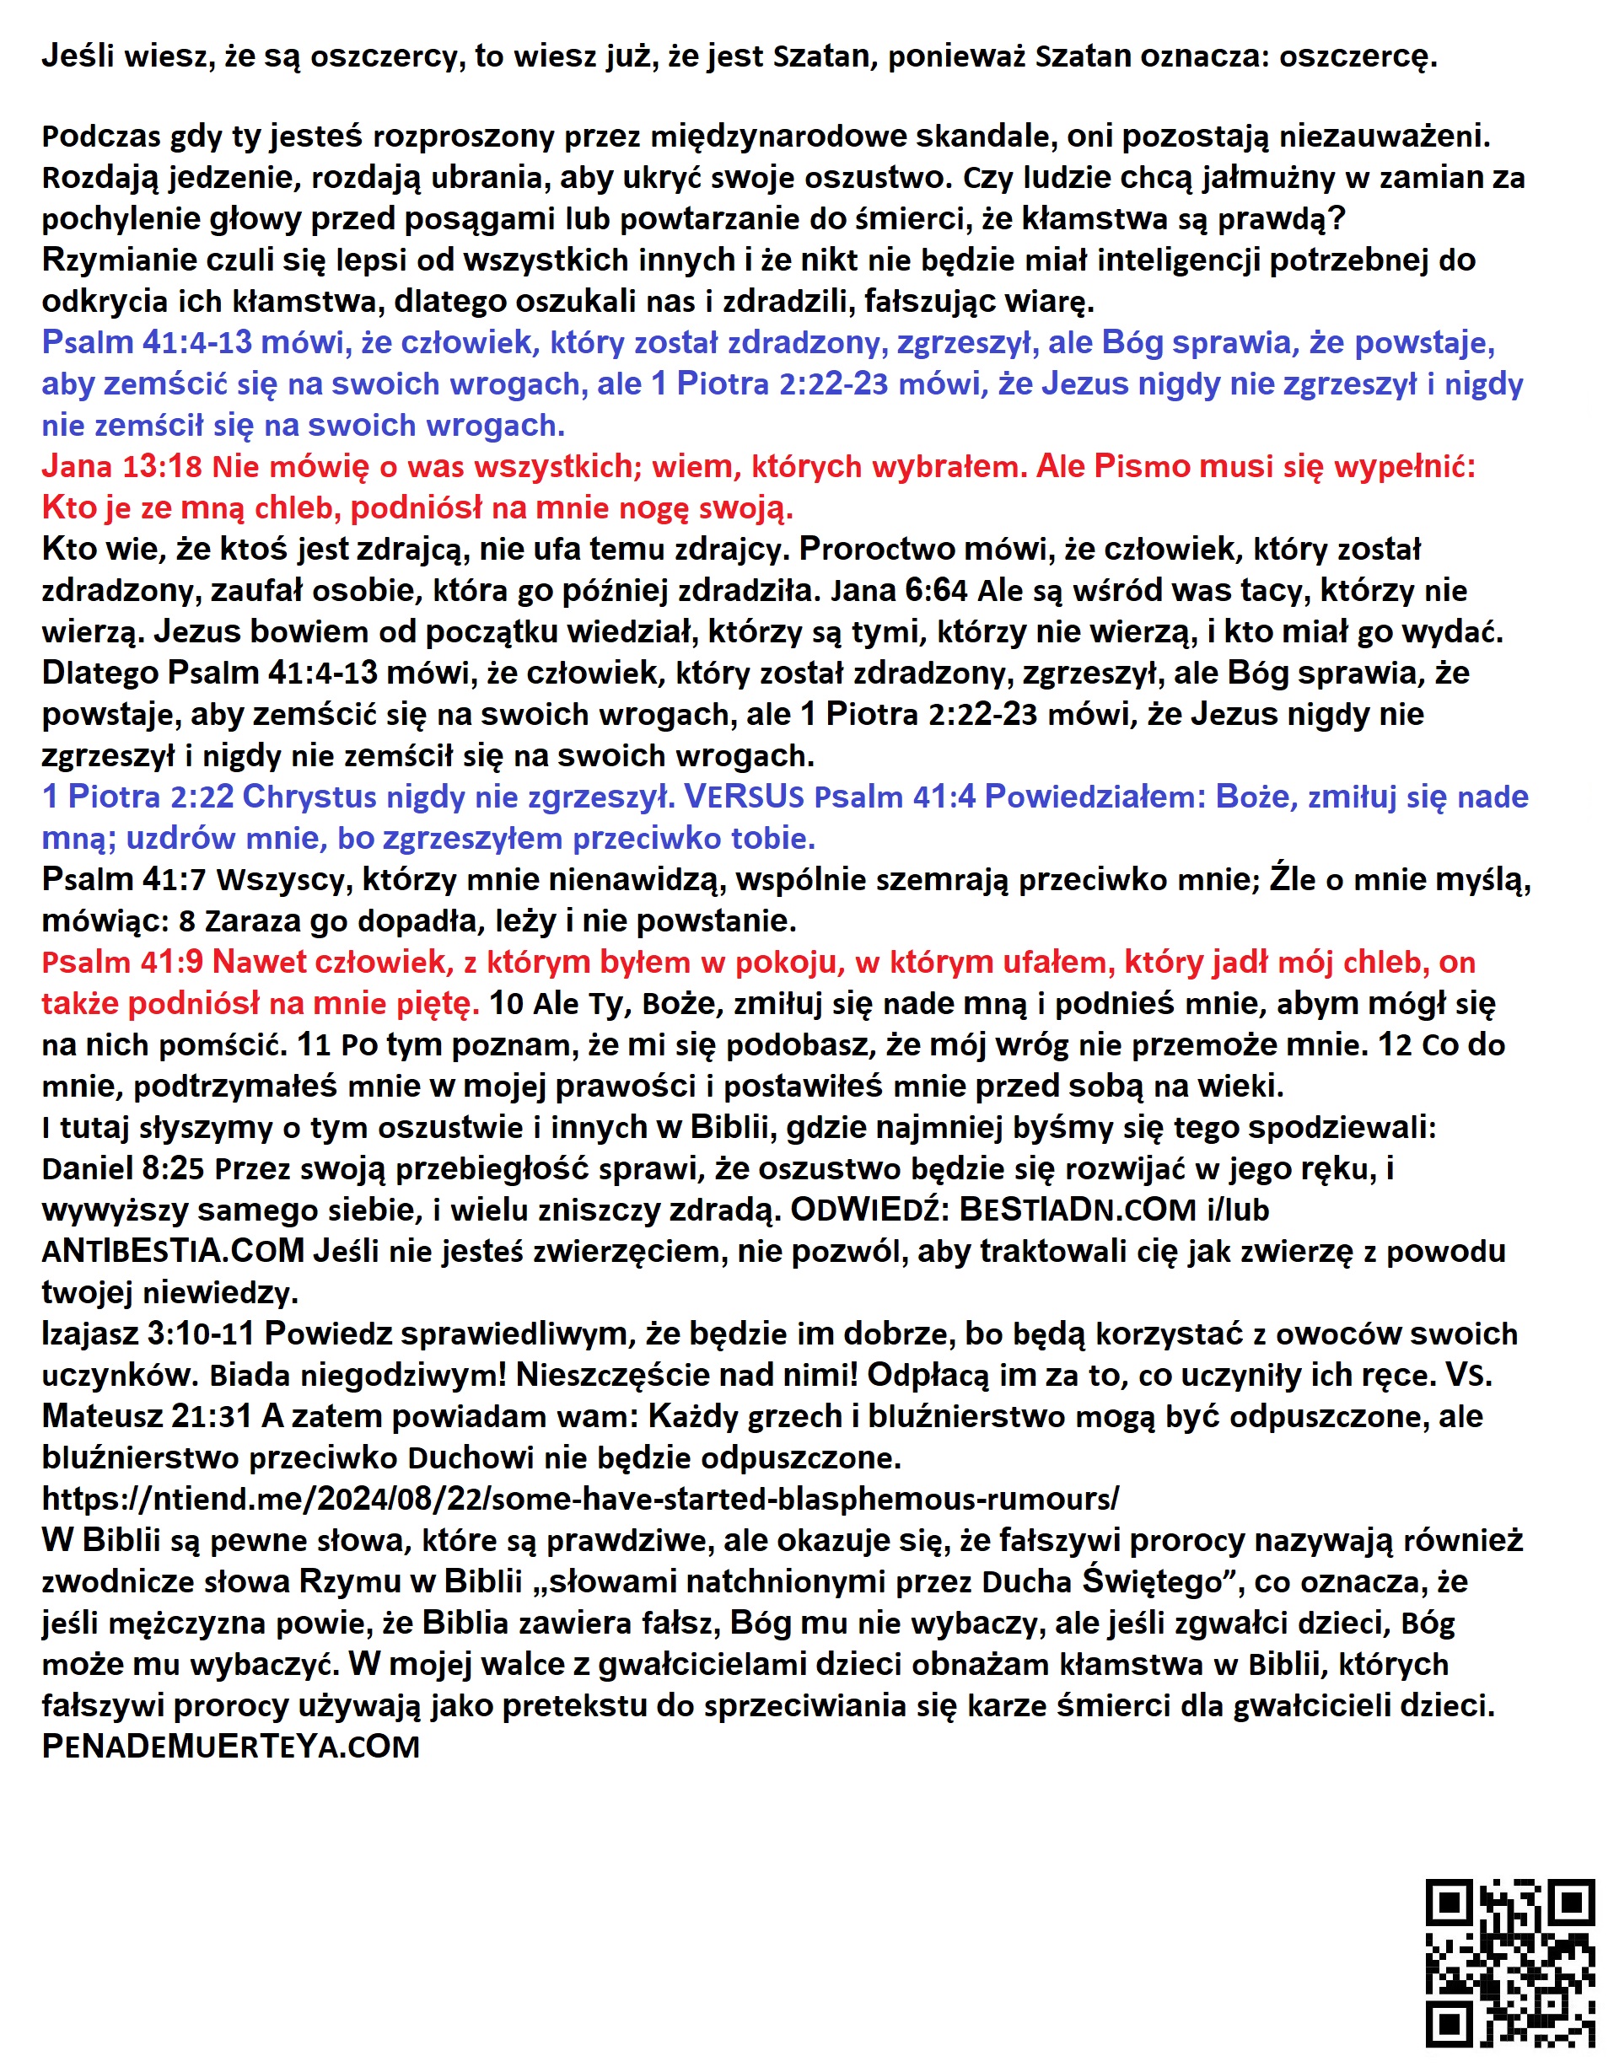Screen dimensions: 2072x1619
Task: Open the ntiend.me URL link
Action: [x=580, y=1499]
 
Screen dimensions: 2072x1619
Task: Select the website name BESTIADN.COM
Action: [x=1077, y=1210]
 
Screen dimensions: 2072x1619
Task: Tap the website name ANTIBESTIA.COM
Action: [x=173, y=1251]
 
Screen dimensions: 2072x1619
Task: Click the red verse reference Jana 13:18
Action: [x=121, y=467]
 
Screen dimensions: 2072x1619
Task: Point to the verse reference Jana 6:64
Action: [x=899, y=590]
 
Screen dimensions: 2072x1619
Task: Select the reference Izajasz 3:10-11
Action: [x=147, y=1334]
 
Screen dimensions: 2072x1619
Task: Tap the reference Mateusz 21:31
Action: [x=146, y=1416]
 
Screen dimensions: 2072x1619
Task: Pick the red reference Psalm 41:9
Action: [x=121, y=962]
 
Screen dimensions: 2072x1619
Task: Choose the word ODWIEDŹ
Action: [x=869, y=1210]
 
